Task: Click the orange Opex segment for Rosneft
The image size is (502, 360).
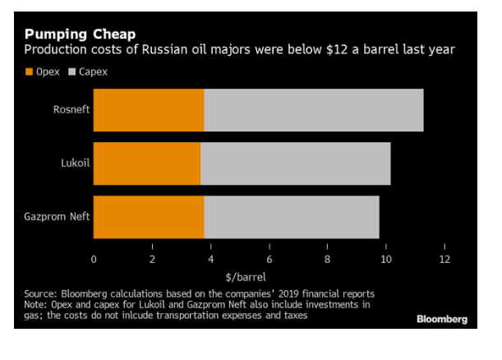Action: point(149,110)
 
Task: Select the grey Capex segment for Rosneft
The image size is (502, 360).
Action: point(314,110)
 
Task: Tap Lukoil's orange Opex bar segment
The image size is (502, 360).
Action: point(146,164)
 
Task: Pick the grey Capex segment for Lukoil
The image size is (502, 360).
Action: point(295,164)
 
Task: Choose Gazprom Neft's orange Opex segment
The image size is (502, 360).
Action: point(149,217)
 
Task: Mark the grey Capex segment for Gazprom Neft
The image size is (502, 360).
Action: point(292,217)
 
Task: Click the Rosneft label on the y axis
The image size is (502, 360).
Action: point(69,110)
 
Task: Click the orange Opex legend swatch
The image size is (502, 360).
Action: point(29,72)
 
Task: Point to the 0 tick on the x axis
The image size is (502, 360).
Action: point(94,260)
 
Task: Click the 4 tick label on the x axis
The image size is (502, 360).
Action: point(210,260)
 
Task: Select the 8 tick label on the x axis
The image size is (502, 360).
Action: point(328,260)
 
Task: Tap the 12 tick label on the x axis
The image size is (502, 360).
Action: point(444,260)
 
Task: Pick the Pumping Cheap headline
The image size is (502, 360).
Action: point(80,35)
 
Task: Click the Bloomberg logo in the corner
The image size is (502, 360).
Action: point(441,319)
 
